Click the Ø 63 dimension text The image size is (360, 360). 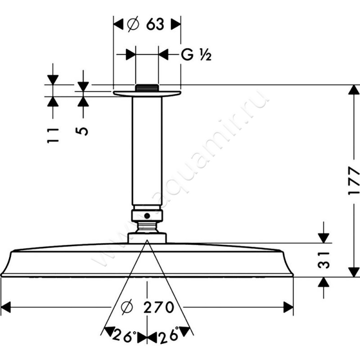tap(145, 24)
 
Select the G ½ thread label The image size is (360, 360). tap(196, 55)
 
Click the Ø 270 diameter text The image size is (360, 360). tap(148, 307)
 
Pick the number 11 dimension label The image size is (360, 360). tap(53, 135)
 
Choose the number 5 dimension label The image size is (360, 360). tap(82, 131)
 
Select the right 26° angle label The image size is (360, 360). tap(169, 335)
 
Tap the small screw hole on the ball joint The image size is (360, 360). tap(147, 216)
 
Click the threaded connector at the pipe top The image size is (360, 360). tap(147, 88)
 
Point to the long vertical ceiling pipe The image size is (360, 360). tap(147, 151)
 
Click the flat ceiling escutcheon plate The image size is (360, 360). tap(147, 94)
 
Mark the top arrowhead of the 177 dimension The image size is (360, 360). tap(354, 90)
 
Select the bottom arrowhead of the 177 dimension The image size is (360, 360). tap(354, 272)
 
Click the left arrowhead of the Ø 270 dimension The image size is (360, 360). tap(6, 307)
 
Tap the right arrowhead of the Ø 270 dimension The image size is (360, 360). tap(288, 307)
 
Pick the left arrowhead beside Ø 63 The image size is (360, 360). tap(118, 24)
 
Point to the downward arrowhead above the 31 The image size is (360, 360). tap(324, 238)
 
